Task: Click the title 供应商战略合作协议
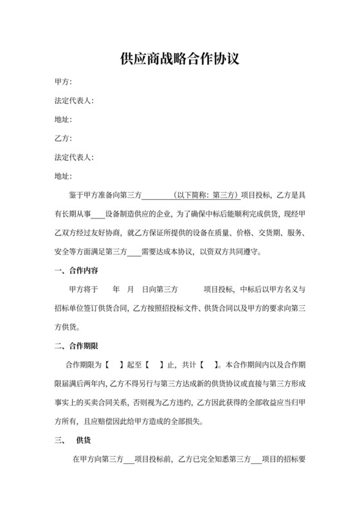pyautogui.click(x=180, y=60)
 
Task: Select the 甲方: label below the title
pyautogui.click(x=63, y=82)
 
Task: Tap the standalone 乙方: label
pyautogui.click(x=63, y=138)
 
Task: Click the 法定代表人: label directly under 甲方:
pyautogui.click(x=75, y=100)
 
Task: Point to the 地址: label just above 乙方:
pyautogui.click(x=63, y=120)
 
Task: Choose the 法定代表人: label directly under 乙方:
pyautogui.click(x=75, y=157)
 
